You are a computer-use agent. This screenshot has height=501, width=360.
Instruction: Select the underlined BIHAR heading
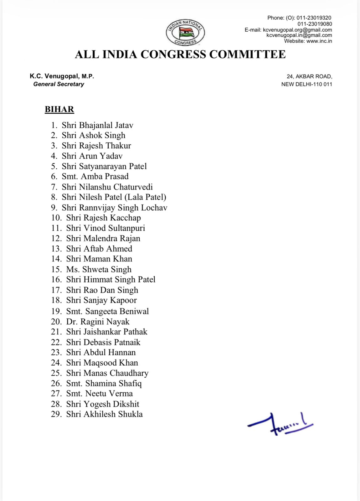click(59, 109)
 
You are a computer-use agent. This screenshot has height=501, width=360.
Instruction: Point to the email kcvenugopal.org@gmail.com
click(297, 30)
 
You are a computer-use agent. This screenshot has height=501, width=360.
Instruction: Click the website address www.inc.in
click(319, 41)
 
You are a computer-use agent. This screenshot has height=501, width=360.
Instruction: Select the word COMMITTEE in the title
click(247, 54)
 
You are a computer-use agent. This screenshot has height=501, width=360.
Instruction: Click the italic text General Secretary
click(59, 84)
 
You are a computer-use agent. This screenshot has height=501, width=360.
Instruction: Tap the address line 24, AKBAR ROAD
click(309, 76)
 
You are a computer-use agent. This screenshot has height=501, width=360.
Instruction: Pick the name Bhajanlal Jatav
click(106, 125)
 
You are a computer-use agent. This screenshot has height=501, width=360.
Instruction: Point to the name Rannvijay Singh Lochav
click(123, 208)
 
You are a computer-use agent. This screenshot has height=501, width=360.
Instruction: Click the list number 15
click(56, 269)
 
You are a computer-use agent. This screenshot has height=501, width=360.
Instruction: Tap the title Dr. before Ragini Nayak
click(72, 322)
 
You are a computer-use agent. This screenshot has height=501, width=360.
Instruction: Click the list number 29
click(56, 414)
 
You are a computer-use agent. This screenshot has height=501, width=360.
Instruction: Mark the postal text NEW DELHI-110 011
click(306, 84)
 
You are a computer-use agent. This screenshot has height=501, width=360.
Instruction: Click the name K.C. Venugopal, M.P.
click(62, 76)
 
